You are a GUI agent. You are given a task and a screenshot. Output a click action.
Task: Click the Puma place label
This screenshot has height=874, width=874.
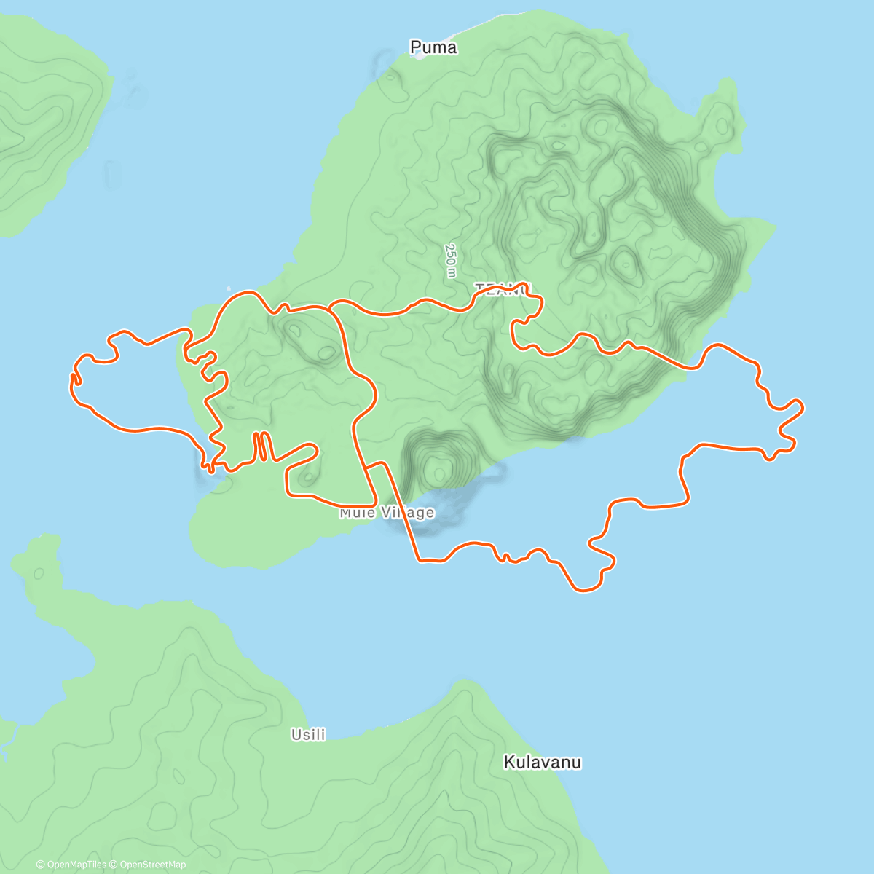[433, 47]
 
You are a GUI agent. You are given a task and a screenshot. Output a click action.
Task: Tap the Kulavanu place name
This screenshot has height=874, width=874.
[543, 763]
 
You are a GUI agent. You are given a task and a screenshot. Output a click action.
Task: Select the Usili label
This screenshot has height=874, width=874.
[308, 735]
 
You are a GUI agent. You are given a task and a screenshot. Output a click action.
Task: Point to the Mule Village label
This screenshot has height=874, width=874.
[387, 513]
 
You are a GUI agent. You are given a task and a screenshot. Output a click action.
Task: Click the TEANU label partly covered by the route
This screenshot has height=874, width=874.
[503, 289]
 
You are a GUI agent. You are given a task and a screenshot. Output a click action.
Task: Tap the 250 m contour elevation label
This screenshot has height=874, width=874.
[451, 260]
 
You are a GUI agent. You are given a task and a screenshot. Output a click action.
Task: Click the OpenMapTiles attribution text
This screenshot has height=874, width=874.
[71, 865]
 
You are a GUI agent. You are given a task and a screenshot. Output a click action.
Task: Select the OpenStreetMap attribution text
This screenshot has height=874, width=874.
[152, 865]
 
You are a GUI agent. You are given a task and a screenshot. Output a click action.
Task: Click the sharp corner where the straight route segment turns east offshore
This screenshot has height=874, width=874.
[419, 560]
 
